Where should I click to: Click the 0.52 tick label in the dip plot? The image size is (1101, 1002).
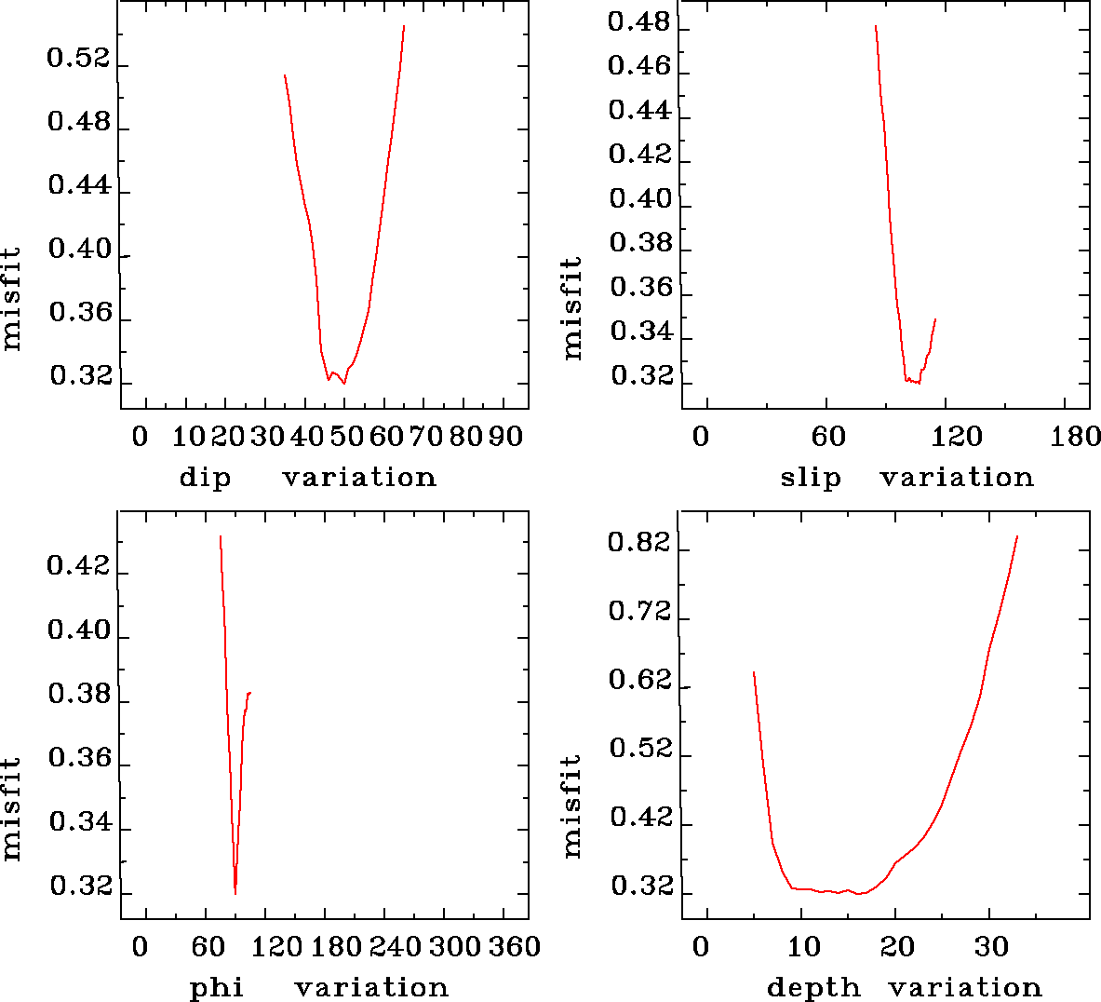78,60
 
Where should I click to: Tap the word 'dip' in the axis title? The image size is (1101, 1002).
205,478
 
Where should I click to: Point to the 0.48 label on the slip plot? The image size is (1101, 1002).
638,21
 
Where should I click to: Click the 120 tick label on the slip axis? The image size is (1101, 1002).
958,437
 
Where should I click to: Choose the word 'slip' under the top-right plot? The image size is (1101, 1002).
810,478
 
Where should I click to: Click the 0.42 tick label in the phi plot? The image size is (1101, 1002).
78,567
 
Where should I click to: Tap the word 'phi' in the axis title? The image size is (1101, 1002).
217,987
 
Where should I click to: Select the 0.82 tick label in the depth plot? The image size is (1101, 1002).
639,542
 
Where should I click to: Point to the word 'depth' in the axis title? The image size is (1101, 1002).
813,987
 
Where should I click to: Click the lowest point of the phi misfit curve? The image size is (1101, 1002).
235,894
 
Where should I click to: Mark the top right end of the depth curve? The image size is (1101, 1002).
1017,536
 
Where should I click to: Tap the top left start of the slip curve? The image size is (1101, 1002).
876,26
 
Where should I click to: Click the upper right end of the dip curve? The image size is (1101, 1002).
404,26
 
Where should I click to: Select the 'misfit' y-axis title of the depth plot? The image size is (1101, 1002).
571,806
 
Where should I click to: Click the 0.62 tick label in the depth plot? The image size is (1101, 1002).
639,680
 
